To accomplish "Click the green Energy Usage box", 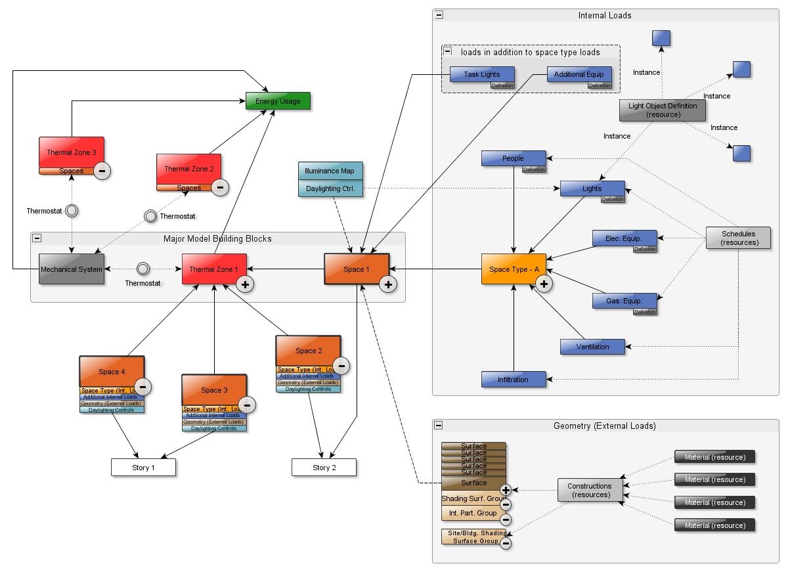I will (278, 101).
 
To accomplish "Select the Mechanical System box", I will (72, 269).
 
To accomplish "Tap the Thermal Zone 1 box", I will (214, 269).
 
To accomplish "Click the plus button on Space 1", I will (388, 284).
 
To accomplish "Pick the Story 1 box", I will (143, 468).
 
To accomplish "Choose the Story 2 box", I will (324, 468).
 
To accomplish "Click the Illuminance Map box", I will (330, 171).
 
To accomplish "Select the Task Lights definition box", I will (482, 74).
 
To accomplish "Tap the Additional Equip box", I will (579, 74).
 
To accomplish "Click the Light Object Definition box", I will (663, 110).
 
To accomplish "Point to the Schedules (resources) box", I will (738, 238).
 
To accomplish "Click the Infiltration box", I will (513, 380).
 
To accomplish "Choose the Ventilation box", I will (592, 347).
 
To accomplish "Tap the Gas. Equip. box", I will (624, 301).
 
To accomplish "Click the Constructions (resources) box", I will (590, 490).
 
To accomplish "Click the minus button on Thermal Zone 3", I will (102, 171).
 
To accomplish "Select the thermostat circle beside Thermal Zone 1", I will (143, 269).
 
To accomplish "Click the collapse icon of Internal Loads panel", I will (439, 15).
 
